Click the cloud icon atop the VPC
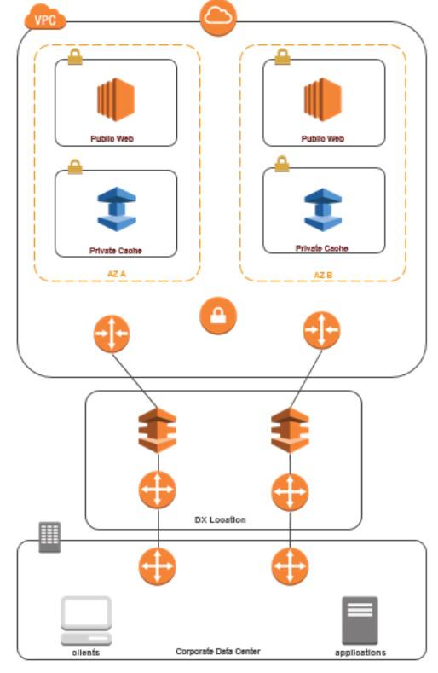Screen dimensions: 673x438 (217, 18)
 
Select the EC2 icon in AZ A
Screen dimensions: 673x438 (115, 100)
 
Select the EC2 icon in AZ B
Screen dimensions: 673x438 (323, 99)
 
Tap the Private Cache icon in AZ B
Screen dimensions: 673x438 (323, 209)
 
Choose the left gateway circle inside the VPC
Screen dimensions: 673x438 (112, 334)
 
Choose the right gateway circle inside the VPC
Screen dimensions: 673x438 (321, 329)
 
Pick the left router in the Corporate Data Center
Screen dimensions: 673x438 (158, 566)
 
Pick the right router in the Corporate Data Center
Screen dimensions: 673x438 (289, 566)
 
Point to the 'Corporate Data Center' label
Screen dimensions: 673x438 (218, 651)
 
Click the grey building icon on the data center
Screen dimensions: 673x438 (49, 537)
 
